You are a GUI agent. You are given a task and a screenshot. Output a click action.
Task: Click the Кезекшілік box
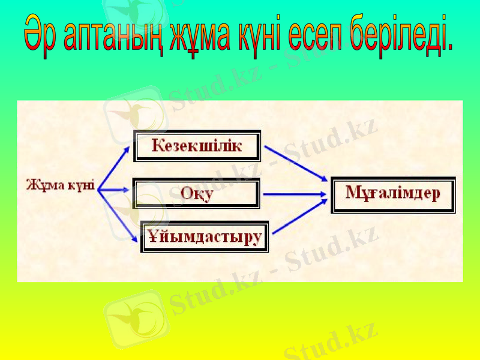[197, 146]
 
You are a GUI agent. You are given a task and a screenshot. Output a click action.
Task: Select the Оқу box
[196, 194]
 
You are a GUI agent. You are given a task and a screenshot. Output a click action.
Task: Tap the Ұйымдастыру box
[205, 236]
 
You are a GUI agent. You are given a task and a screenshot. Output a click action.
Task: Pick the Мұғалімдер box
[393, 194]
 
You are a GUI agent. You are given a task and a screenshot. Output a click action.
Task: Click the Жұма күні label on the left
[60, 185]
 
